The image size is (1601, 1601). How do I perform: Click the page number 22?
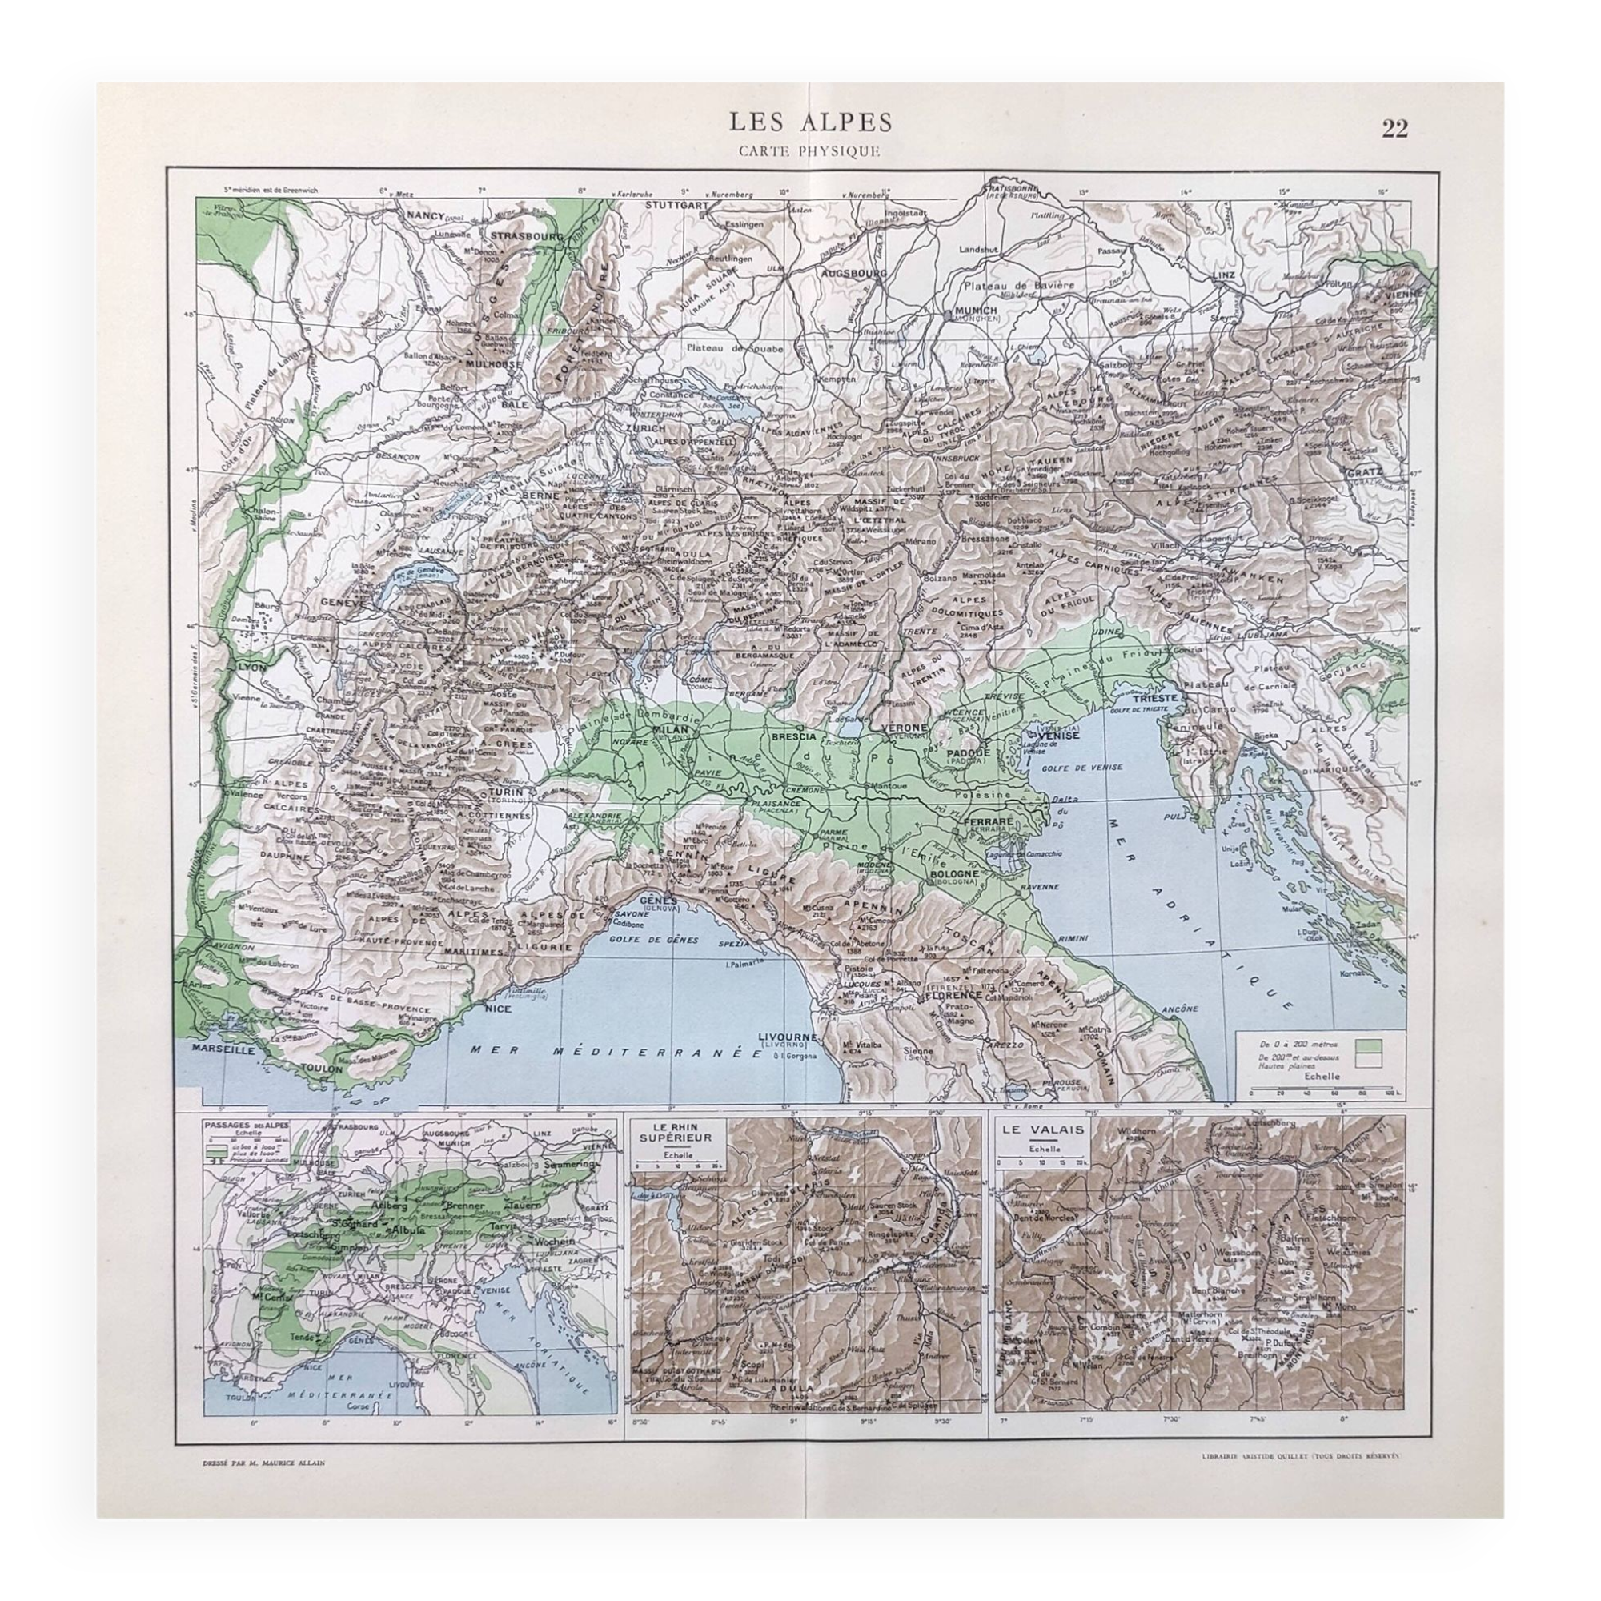(x=1394, y=129)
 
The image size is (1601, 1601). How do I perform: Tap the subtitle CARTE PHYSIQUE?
(x=800, y=150)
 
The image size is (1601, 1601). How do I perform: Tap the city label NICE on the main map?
(x=498, y=1009)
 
